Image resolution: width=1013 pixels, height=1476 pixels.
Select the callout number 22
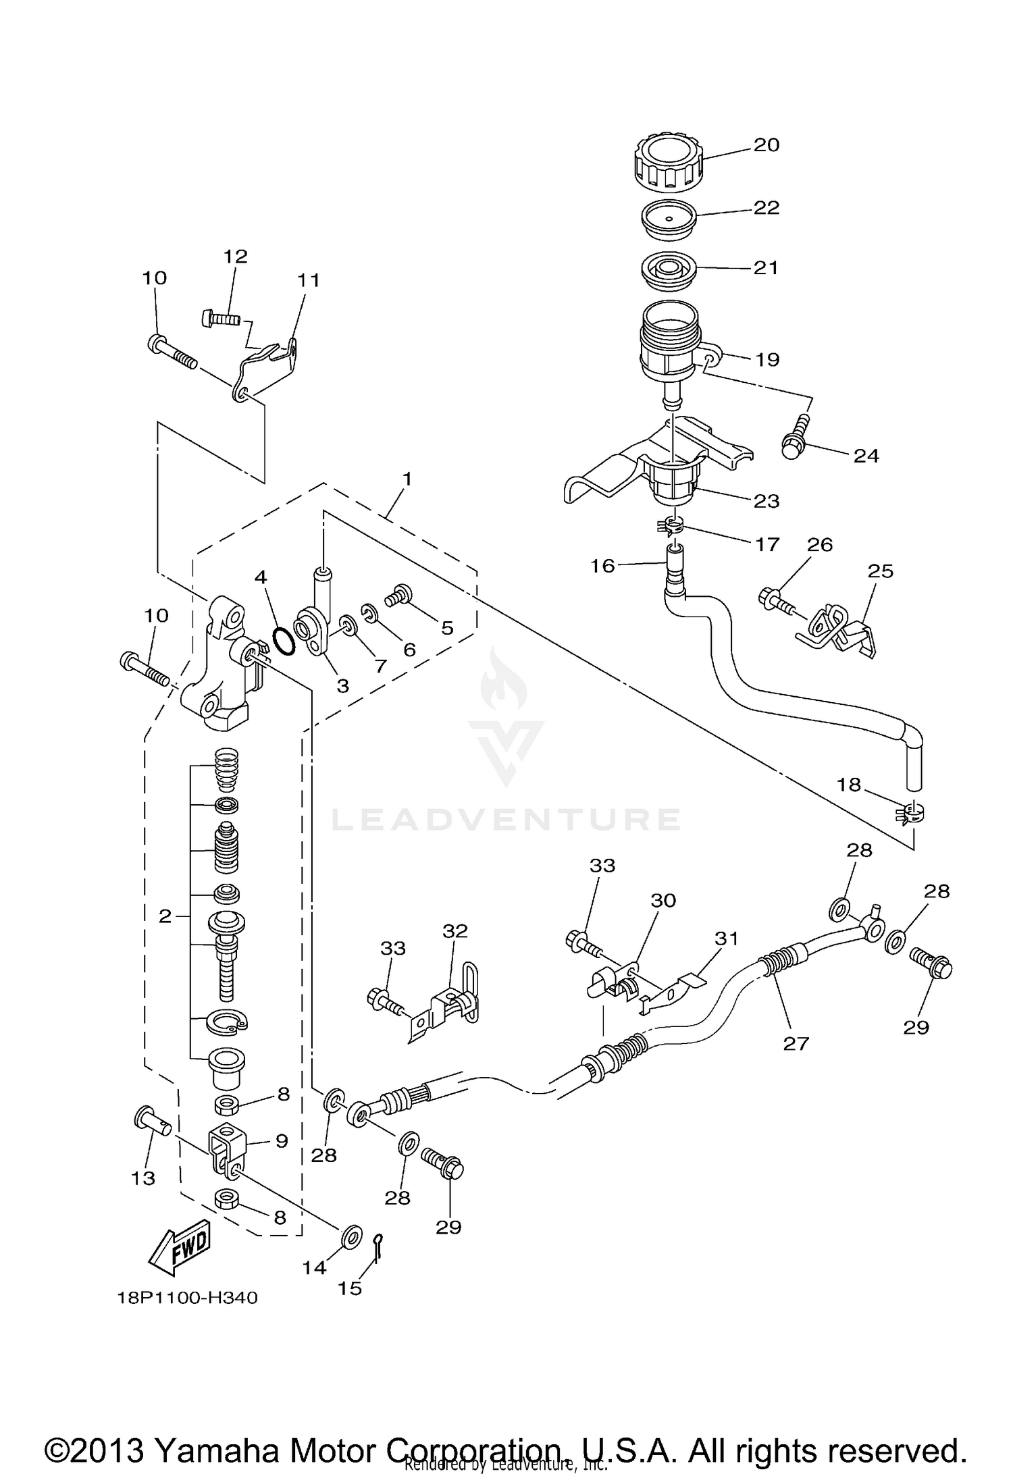click(x=767, y=207)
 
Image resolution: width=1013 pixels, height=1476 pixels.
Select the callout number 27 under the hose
click(x=796, y=1043)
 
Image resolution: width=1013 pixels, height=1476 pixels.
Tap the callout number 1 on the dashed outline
click(x=407, y=479)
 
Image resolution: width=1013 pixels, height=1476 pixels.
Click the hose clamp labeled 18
click(x=910, y=812)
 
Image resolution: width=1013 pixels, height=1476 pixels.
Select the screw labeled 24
click(x=793, y=438)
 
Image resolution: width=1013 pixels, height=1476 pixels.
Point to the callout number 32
click(x=454, y=930)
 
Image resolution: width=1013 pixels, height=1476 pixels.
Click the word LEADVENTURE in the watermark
click(x=506, y=819)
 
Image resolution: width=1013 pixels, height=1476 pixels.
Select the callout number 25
click(x=880, y=571)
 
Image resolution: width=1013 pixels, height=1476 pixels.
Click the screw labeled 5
click(x=399, y=595)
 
